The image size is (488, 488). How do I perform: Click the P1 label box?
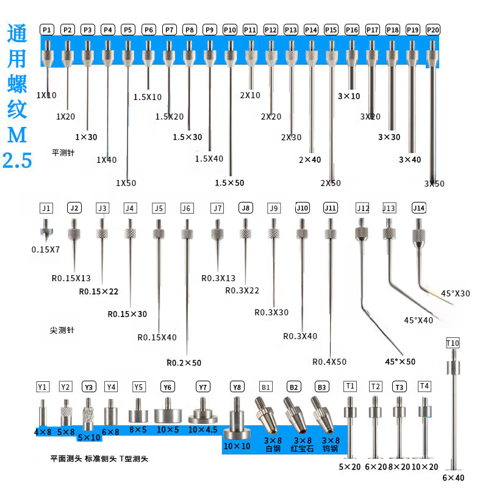[48, 29]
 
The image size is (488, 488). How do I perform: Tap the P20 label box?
[432, 29]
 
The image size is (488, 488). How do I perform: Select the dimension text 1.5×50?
[229, 182]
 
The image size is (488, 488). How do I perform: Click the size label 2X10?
[250, 95]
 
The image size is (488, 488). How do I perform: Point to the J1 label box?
[46, 208]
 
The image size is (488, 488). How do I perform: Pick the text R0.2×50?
[184, 363]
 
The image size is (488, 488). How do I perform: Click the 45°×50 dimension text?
[400, 361]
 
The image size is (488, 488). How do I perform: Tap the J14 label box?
[418, 208]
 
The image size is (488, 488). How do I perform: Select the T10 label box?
[453, 343]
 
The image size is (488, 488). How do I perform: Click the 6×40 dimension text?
[453, 478]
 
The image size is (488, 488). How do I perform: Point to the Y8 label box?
[237, 387]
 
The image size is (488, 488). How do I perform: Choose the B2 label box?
[294, 387]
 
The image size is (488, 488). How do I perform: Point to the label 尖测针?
[62, 330]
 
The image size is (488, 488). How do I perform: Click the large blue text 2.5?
[17, 161]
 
